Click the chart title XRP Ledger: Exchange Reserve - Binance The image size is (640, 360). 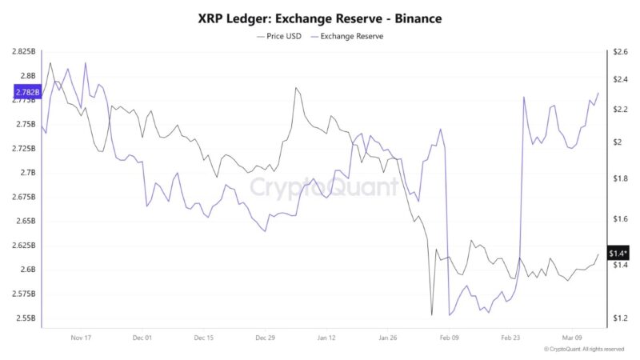tap(320, 18)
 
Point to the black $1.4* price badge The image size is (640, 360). tap(617, 254)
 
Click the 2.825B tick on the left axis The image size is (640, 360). tap(24, 52)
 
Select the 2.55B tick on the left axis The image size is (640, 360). tap(26, 318)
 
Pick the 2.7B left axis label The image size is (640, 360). tap(27, 173)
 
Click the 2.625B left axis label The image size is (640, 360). tap(24, 245)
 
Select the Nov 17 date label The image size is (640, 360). tap(82, 338)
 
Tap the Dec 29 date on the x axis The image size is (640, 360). tap(265, 338)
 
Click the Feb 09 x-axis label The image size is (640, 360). tap(450, 338)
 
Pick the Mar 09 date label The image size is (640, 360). tap(572, 338)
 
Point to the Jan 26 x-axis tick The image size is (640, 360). tap(387, 338)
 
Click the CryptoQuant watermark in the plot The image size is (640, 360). tap(324, 187)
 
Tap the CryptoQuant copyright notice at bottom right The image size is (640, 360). tap(583, 350)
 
